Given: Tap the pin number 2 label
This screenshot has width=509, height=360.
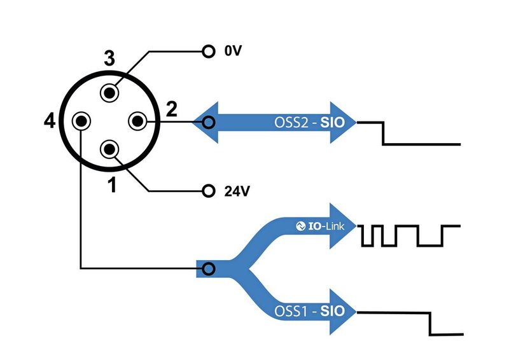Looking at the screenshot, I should (x=171, y=109).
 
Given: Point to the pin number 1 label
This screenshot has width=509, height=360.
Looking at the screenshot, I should (x=112, y=186).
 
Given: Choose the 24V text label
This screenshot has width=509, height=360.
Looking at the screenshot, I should (x=235, y=190).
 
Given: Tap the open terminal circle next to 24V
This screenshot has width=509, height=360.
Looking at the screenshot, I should (x=207, y=190).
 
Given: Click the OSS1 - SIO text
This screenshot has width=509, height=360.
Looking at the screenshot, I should (x=310, y=312).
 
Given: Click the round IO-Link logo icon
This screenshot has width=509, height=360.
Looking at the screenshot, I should (x=302, y=225).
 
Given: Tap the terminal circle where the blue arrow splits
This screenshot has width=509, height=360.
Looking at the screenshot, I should (x=207, y=269).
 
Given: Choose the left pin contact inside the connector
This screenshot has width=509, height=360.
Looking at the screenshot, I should (x=81, y=120).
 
